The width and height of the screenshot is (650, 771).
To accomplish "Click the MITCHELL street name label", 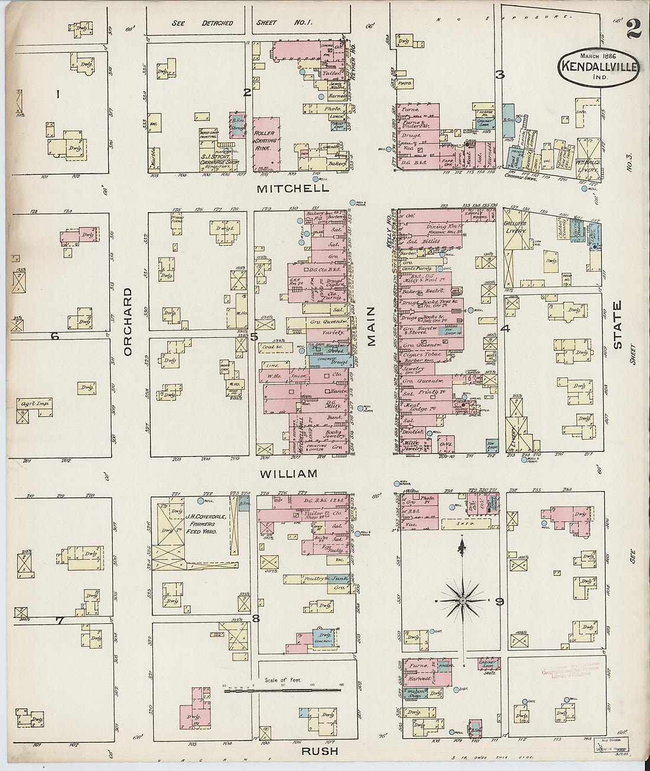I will point(292,188).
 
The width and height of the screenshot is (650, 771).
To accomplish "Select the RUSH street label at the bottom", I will point(320,751).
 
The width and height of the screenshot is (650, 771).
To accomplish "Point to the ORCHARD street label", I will point(128,321).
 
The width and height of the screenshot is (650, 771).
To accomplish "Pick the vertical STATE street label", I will point(617,324).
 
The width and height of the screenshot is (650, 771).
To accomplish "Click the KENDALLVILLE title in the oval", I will point(599,66).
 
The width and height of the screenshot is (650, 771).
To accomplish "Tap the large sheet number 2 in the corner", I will point(634,28).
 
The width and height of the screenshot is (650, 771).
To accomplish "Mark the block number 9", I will point(499,602).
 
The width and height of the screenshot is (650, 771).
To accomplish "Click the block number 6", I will point(55,336).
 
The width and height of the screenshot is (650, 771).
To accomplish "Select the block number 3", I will point(500,74).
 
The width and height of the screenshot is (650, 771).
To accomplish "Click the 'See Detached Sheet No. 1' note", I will point(242,23).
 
